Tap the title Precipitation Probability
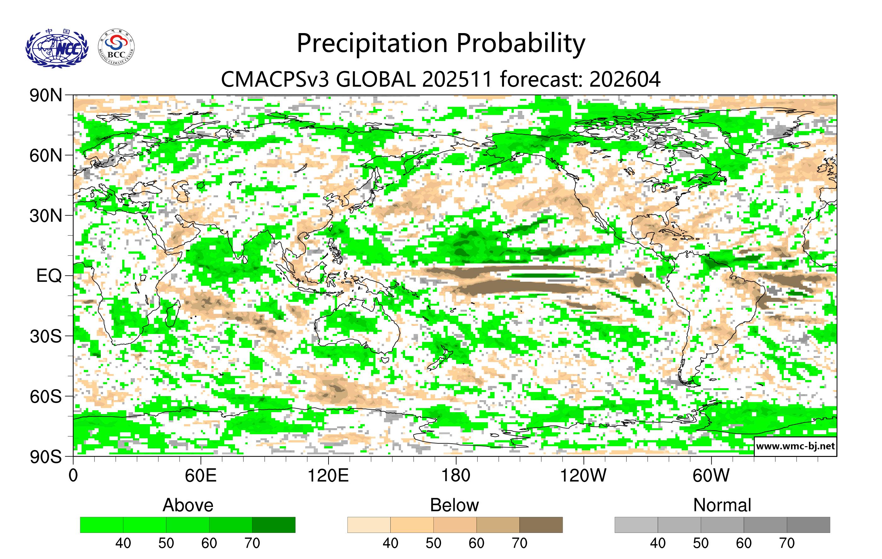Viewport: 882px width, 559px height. click(x=441, y=43)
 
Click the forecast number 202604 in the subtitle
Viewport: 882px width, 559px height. click(x=625, y=79)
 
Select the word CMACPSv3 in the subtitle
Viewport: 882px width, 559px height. click(x=275, y=79)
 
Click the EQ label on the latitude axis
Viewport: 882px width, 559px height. click(x=49, y=276)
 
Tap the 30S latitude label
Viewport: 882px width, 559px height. click(x=46, y=336)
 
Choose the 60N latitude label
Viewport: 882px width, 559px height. click(x=46, y=156)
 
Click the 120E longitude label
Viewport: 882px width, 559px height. click(x=328, y=476)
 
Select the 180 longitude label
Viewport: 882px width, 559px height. click(x=456, y=476)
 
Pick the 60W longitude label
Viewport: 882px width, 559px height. click(x=711, y=476)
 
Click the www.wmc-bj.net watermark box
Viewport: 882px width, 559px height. click(x=795, y=446)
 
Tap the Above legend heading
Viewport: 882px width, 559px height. click(x=188, y=505)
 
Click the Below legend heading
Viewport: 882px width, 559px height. click(x=455, y=505)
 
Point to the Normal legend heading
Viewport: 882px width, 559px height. click(x=722, y=505)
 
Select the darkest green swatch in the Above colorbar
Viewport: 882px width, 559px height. click(x=274, y=525)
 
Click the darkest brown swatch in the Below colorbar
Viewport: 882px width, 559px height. click(x=541, y=525)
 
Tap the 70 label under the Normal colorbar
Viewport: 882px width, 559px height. click(x=787, y=543)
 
